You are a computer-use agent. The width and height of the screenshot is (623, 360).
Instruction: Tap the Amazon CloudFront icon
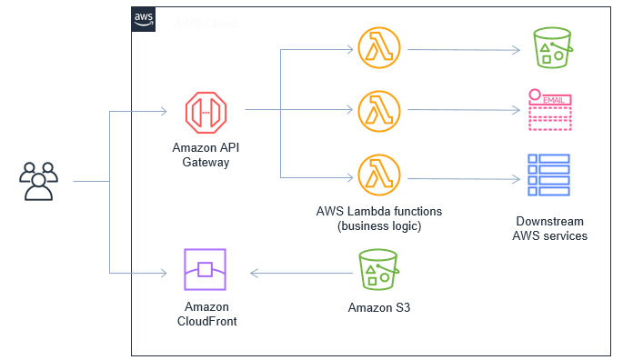pos(205,271)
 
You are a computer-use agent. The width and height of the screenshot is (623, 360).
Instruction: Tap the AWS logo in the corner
pos(144,20)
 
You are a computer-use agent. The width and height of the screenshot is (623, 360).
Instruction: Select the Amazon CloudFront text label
pos(206,314)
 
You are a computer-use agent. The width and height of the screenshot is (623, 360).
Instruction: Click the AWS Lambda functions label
pos(379,218)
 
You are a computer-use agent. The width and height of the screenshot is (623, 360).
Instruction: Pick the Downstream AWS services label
pos(549,228)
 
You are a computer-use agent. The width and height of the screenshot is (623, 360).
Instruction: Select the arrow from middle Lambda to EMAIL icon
pos(464,111)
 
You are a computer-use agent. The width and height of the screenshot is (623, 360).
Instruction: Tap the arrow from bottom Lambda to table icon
pos(464,178)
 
